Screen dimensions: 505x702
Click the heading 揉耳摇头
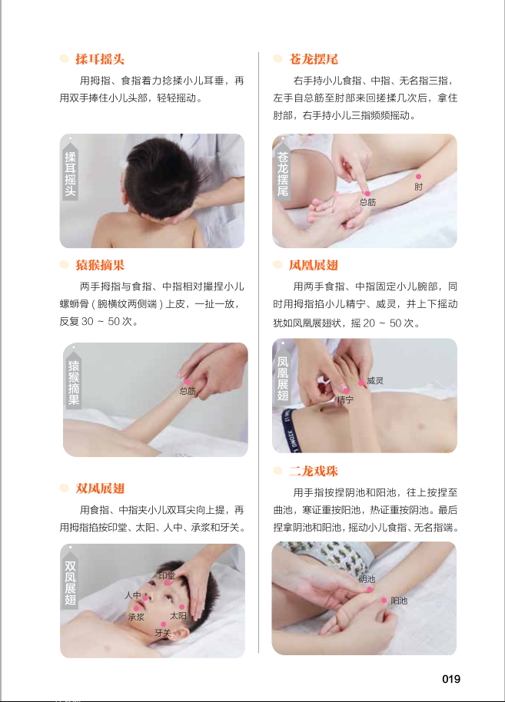pyautogui.click(x=100, y=59)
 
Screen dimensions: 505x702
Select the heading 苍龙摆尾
pyautogui.click(x=313, y=59)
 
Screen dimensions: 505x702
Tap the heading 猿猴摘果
pyautogui.click(x=100, y=265)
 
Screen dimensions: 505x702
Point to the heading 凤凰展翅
pyautogui.click(x=313, y=265)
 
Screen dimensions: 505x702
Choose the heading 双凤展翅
pyautogui.click(x=100, y=488)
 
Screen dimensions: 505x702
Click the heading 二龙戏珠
pyautogui.click(x=313, y=471)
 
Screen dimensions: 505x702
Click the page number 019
pyautogui.click(x=450, y=679)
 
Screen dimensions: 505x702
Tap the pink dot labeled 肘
pyautogui.click(x=418, y=177)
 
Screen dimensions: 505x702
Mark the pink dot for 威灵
pyautogui.click(x=361, y=382)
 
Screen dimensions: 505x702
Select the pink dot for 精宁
pyautogui.click(x=346, y=391)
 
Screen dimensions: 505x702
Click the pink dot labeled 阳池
pyautogui.click(x=384, y=601)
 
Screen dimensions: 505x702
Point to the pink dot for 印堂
pyautogui.click(x=167, y=583)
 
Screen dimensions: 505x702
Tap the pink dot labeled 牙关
pyautogui.click(x=164, y=624)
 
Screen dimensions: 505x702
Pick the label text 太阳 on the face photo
pyautogui.click(x=178, y=616)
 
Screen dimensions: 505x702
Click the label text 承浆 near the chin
pyautogui.click(x=136, y=617)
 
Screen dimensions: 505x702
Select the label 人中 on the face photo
pyautogui.click(x=133, y=595)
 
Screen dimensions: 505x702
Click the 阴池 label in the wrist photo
pyautogui.click(x=367, y=579)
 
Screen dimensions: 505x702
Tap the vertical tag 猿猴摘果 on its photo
pyautogui.click(x=74, y=382)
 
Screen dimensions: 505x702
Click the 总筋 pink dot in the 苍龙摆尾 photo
pyautogui.click(x=367, y=194)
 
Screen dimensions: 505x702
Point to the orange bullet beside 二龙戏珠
pyautogui.click(x=277, y=471)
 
